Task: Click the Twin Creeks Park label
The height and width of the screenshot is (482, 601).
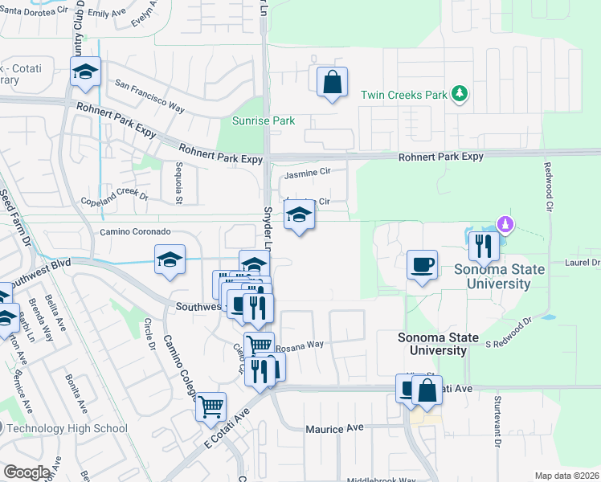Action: pos(403,95)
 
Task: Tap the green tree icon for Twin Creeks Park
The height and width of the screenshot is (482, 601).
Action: pos(460,94)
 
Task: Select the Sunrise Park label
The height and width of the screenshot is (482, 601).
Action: pos(263,121)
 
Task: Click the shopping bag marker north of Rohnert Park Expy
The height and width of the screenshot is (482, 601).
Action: pos(332,83)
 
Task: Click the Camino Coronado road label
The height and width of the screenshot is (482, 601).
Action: pos(135,231)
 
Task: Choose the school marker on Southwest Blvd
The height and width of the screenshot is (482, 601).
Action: pos(170,260)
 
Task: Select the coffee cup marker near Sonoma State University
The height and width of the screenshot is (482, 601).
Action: pos(422,264)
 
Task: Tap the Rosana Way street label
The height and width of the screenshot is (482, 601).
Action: pos(300,345)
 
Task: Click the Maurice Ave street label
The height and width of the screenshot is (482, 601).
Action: pos(335,429)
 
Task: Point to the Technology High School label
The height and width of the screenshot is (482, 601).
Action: pos(67,427)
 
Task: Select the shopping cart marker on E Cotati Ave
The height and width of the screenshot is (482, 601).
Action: pos(211,406)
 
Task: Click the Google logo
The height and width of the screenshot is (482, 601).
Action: pos(27,472)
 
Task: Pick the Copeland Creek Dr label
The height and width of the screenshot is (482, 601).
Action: pos(115,197)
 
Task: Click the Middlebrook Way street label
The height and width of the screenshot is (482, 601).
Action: pos(382,480)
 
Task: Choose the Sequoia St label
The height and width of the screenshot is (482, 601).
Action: pos(179,182)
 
